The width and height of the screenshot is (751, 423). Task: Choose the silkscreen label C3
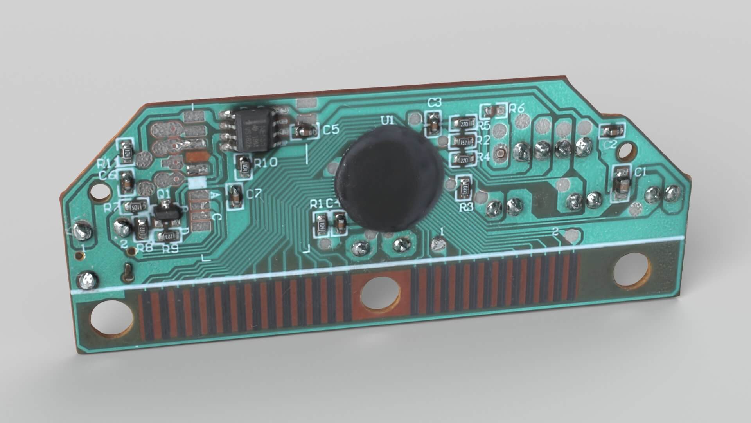click(x=435, y=103)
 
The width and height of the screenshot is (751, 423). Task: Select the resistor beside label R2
click(x=464, y=142)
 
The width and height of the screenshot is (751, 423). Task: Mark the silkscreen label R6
click(x=516, y=108)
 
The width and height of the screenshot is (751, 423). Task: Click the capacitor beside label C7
click(x=235, y=196)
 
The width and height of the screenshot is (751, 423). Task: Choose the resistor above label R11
click(x=126, y=151)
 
